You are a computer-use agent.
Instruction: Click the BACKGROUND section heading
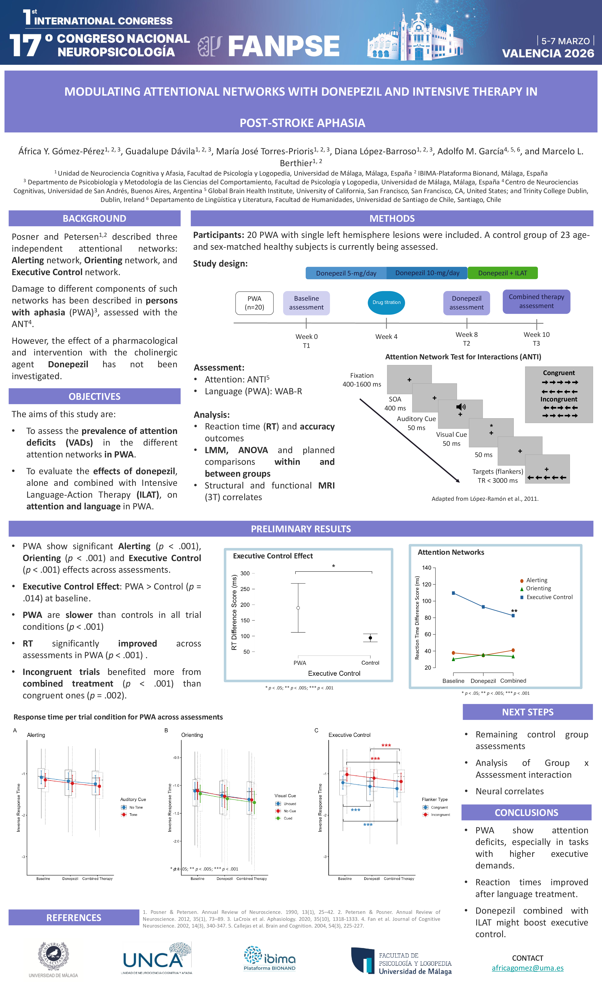[94, 218]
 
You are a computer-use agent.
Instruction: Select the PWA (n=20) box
[254, 303]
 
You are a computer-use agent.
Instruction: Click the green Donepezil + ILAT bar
[503, 273]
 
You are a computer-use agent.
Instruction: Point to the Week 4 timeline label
[386, 337]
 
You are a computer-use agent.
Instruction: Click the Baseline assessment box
[306, 303]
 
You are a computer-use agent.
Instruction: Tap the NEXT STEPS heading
[527, 712]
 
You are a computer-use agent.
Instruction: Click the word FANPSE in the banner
[284, 46]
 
